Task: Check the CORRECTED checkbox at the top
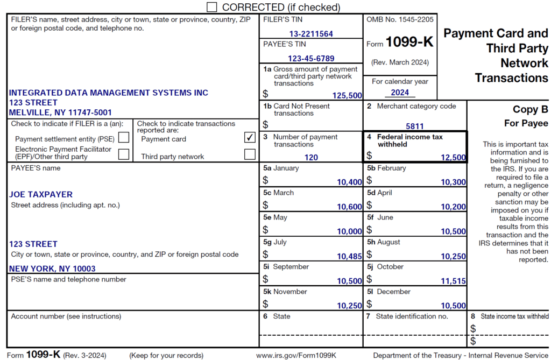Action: point(212,7)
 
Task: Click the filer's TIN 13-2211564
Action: point(310,34)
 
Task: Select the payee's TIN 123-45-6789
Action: point(311,58)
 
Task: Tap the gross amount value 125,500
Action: point(347,95)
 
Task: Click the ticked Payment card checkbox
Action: point(250,138)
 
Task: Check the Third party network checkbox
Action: point(250,155)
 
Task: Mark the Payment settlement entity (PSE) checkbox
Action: point(124,138)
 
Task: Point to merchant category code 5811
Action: point(415,126)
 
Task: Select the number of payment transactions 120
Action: point(311,158)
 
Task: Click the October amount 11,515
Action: point(453,281)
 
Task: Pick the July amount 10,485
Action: point(349,256)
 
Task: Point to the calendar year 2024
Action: point(400,92)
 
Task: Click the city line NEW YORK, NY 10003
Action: point(52,269)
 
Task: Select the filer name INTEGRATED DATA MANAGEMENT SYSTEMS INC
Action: point(108,93)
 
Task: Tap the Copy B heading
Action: point(530,109)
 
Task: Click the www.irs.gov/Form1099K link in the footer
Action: point(296,355)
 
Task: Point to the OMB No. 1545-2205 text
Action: point(400,19)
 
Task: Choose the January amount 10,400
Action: point(349,182)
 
